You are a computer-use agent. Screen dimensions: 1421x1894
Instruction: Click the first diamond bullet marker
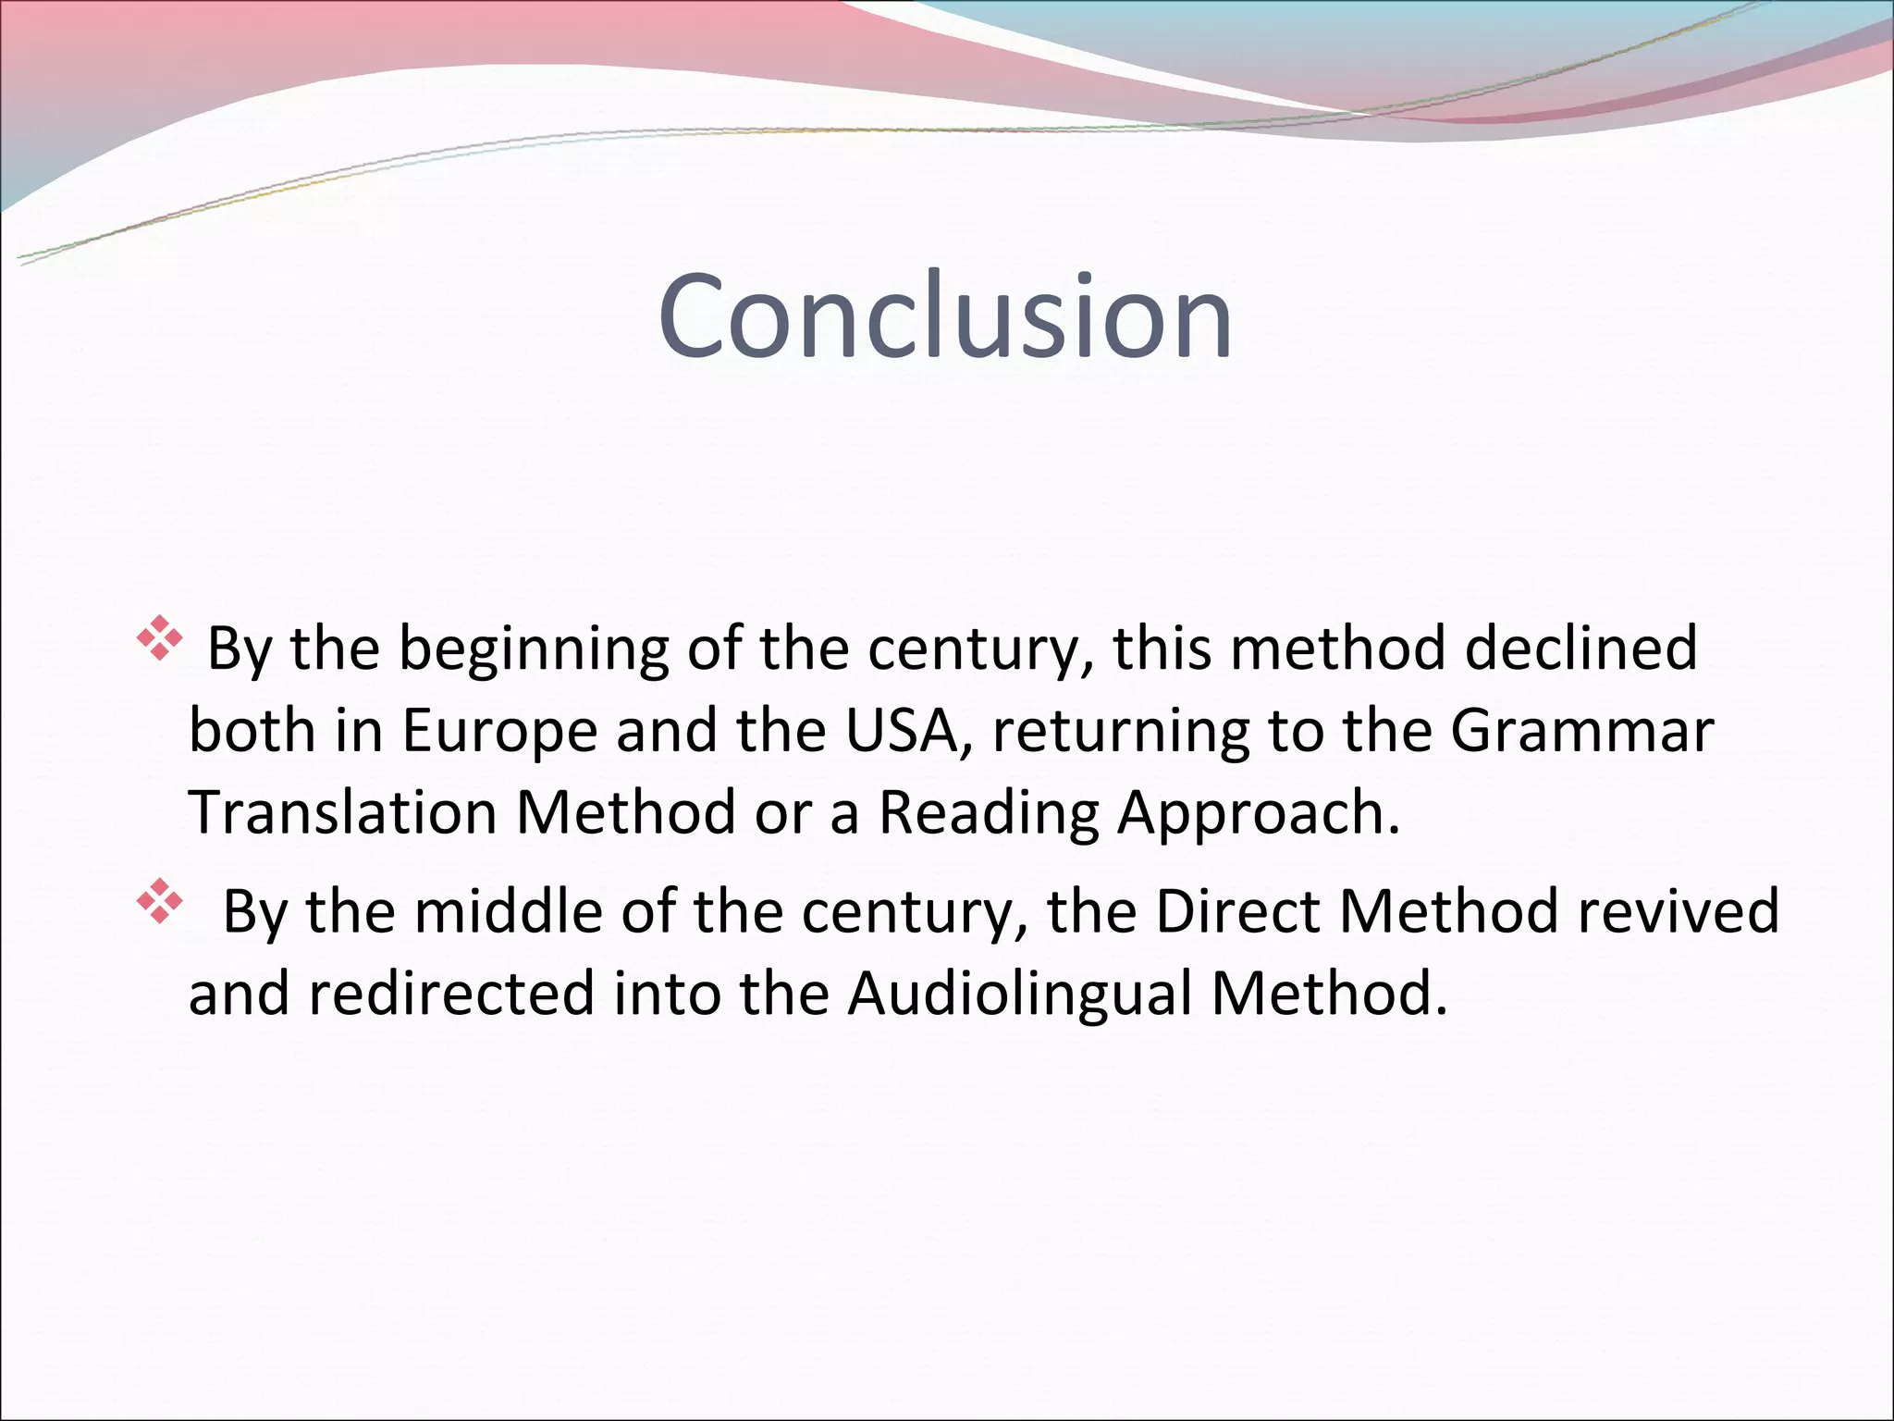pos(159,638)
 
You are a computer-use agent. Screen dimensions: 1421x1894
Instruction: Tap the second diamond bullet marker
pos(159,901)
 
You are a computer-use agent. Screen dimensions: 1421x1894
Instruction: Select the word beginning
pos(534,649)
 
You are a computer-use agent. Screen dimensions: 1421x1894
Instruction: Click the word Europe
pos(499,731)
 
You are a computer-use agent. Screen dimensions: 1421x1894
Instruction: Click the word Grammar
pos(1581,731)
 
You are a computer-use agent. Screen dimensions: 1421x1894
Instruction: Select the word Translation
pos(342,812)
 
